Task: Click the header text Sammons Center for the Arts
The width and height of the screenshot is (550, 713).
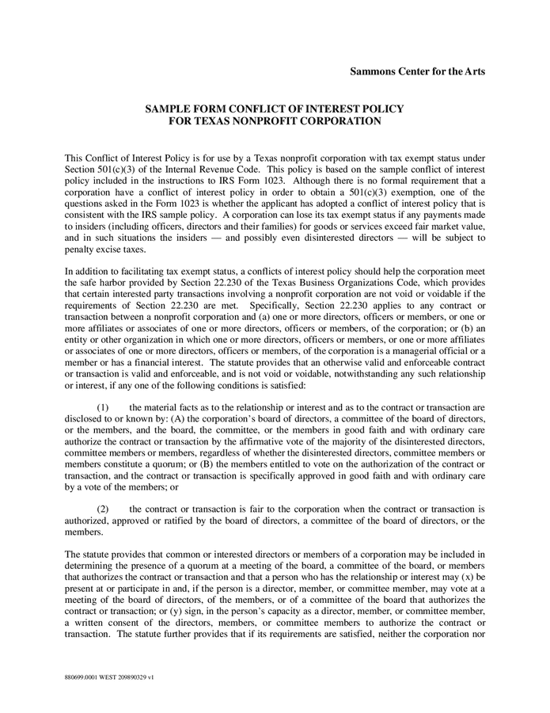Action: coord(417,71)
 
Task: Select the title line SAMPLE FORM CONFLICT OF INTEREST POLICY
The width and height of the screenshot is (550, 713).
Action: coord(275,109)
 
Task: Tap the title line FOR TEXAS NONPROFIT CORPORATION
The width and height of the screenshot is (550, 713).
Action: coord(275,121)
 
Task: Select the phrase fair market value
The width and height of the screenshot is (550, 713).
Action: coord(452,226)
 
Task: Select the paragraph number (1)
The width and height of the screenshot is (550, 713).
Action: coord(103,406)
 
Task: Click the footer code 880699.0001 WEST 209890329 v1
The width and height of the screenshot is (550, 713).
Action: coord(109,679)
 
